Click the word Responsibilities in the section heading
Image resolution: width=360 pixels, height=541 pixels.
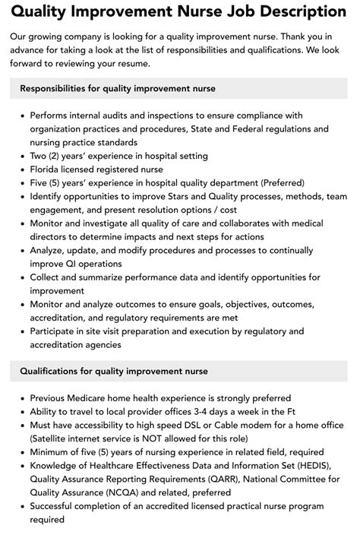pyautogui.click(x=58, y=88)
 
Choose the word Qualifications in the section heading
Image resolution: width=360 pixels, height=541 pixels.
pyautogui.click(x=54, y=371)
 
